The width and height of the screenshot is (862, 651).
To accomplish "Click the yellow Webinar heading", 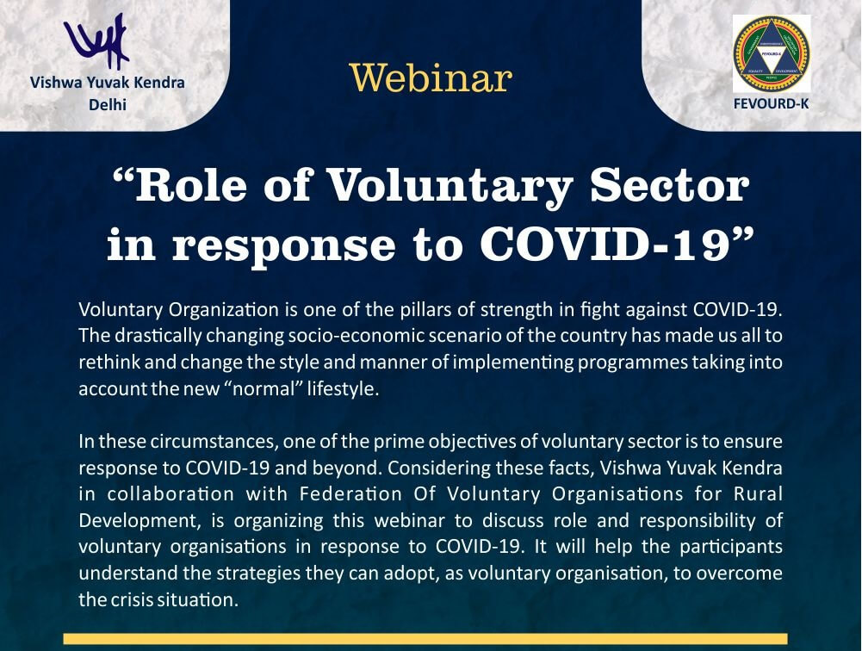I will click(x=431, y=77).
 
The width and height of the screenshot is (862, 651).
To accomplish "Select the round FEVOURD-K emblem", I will click(x=771, y=53).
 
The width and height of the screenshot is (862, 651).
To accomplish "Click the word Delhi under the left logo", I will click(x=108, y=105).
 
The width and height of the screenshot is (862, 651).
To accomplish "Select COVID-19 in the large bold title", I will click(x=608, y=245).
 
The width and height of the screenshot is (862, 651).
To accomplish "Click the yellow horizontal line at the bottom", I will click(x=431, y=639).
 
